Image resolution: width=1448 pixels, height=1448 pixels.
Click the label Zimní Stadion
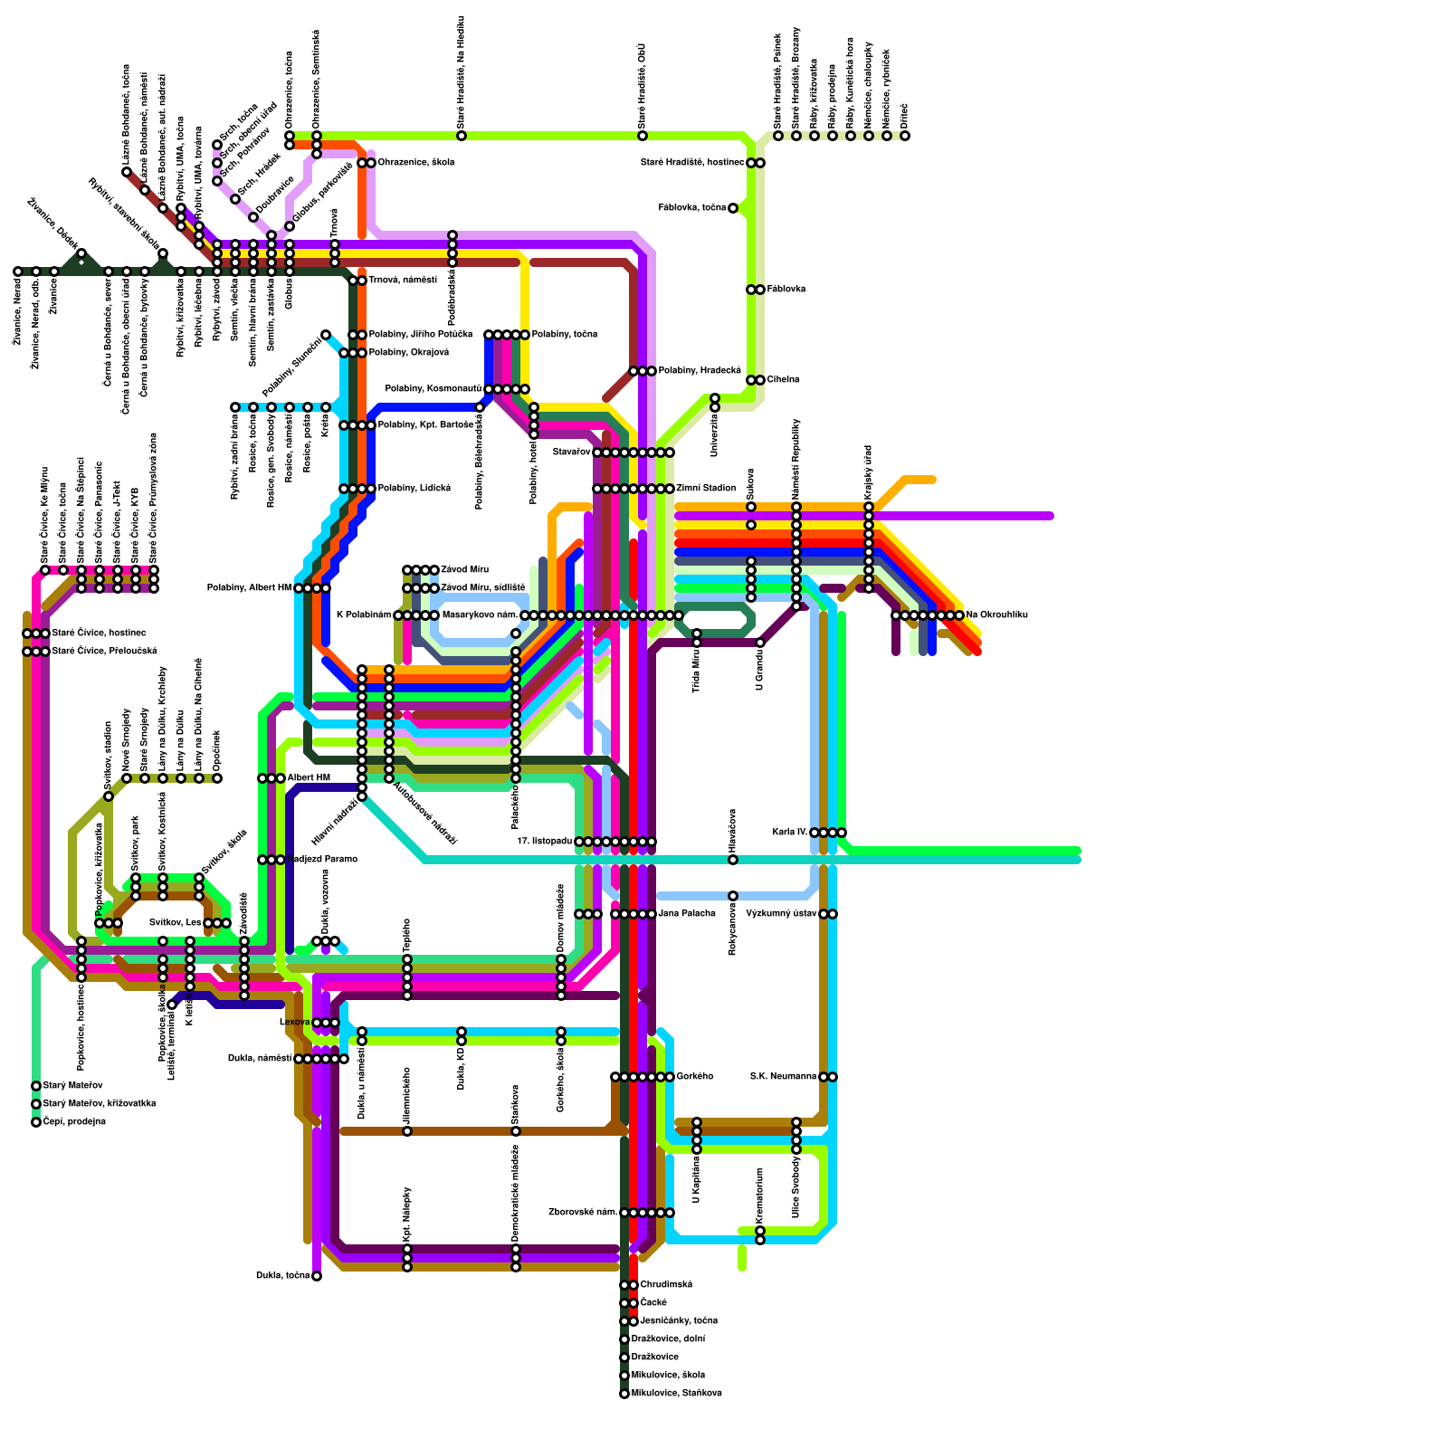(706, 489)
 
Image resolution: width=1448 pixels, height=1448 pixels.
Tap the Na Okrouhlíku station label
(997, 615)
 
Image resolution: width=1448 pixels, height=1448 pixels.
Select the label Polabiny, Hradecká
(700, 371)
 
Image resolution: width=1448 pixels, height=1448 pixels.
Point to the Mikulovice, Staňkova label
(676, 1394)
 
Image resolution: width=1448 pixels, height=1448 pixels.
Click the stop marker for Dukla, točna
(317, 1276)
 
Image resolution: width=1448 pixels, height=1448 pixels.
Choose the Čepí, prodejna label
(74, 1122)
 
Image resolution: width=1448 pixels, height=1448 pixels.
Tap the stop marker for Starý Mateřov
(36, 1086)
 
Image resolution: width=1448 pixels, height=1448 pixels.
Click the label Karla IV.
(790, 833)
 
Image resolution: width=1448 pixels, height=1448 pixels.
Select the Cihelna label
(784, 380)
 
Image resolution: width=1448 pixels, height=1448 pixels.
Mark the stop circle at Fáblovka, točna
(733, 208)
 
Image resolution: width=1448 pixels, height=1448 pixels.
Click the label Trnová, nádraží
(403, 281)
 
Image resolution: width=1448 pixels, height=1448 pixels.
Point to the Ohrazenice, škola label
(415, 163)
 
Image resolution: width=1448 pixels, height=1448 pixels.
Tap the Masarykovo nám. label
(480, 615)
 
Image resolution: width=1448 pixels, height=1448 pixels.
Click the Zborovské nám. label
(583, 1213)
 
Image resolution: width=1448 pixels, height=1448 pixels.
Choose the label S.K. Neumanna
(784, 1077)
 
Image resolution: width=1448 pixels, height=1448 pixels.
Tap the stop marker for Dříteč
(905, 136)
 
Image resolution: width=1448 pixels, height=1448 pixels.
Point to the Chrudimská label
(666, 1285)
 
